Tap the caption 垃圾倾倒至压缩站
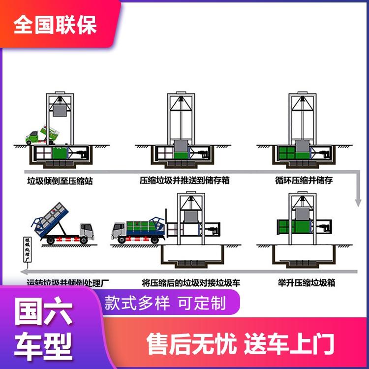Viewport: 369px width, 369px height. pos(60,181)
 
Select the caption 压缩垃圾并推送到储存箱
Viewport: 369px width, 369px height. pos(184,181)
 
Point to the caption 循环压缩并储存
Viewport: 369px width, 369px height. pos(304,181)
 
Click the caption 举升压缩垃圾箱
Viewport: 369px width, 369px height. pos(307,283)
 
